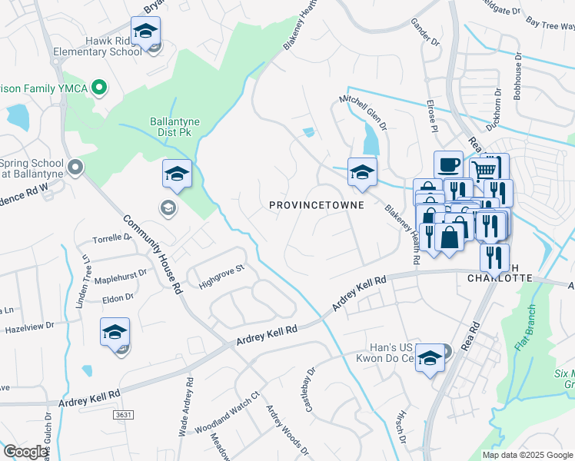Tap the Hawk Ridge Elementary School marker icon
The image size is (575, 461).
click(144, 32)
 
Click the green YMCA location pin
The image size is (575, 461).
click(98, 88)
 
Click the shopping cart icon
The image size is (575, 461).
click(483, 171)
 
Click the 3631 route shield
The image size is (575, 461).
click(122, 415)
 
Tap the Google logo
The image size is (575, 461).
click(25, 452)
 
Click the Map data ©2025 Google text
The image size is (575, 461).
click(527, 455)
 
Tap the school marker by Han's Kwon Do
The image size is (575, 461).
click(430, 357)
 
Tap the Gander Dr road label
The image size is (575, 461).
click(425, 33)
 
